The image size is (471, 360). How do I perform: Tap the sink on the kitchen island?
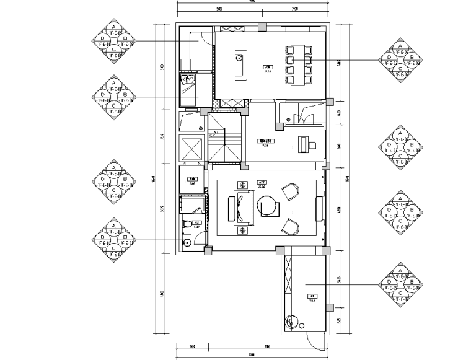[x=238, y=60]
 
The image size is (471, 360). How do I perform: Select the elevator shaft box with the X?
[x=190, y=149]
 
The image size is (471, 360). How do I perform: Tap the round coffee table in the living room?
[x=268, y=206]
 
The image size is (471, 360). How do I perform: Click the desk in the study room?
[x=302, y=145]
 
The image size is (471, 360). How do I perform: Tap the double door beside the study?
[x=297, y=117]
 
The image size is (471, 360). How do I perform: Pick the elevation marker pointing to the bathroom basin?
[x=113, y=240]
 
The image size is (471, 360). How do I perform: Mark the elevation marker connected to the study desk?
[x=400, y=147]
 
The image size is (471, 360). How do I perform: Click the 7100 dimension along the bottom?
[x=266, y=346]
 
